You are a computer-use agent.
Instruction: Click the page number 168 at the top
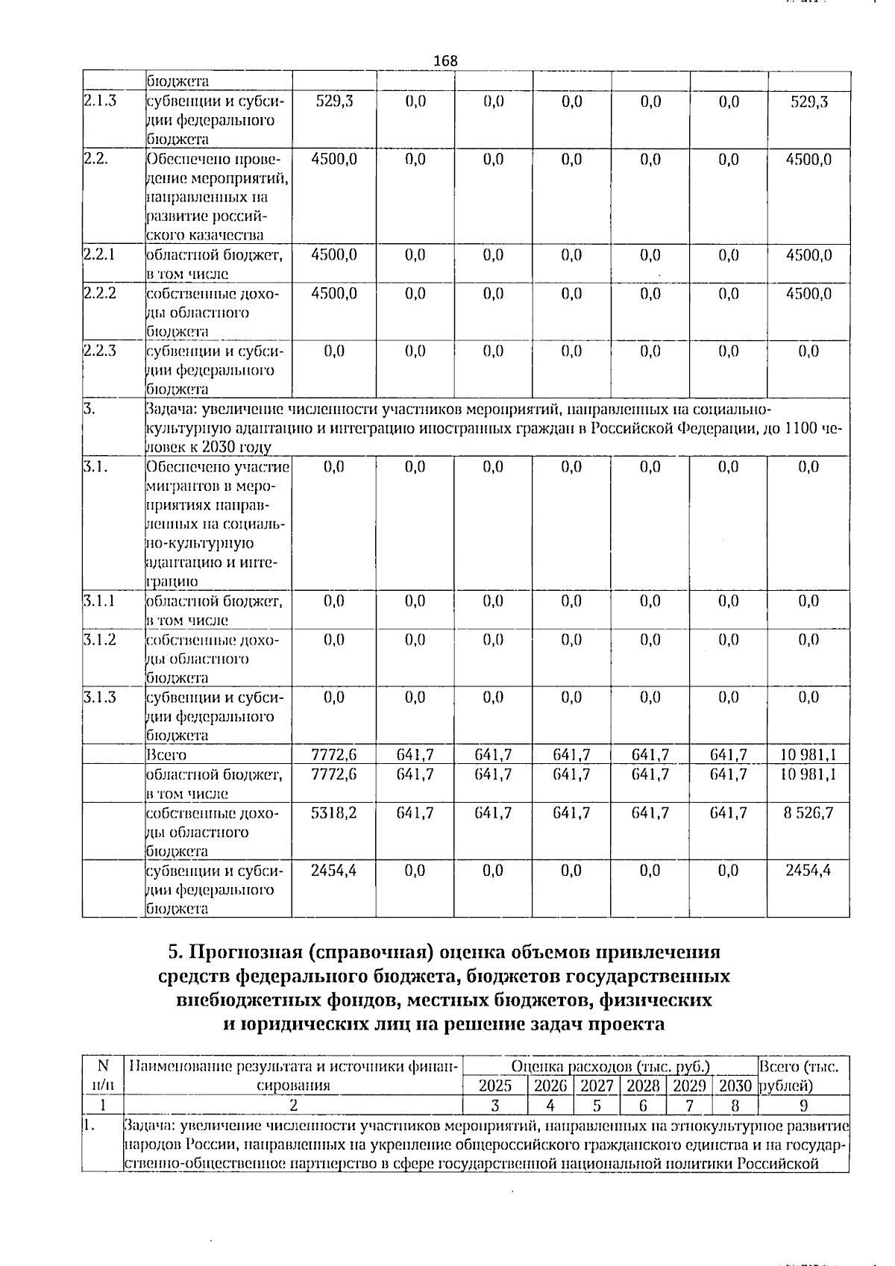[445, 61]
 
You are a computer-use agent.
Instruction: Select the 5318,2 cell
[333, 812]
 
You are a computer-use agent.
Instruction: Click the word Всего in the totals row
[166, 755]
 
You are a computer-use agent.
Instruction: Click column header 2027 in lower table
[597, 1086]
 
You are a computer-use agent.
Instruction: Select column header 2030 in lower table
[735, 1086]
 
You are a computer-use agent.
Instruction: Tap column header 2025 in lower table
[495, 1086]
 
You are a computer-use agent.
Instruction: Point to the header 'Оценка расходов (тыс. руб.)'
[610, 1067]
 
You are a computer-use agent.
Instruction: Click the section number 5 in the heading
[175, 953]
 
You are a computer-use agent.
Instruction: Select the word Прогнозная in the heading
[245, 953]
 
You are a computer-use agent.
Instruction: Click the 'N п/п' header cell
[102, 1076]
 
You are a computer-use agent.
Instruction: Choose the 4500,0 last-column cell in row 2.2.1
[808, 255]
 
